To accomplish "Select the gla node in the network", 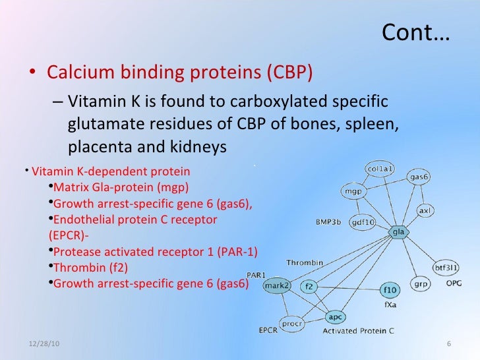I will coord(398,232).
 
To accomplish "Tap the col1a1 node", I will coord(380,169).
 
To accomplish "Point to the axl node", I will coord(426,211).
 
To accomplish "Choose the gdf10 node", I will coord(362,222).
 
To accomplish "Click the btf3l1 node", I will coord(446,268).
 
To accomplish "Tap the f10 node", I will coord(390,289).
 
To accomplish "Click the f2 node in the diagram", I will coord(310,287).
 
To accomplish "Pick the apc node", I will coord(335,316).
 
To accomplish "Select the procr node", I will coord(291,324).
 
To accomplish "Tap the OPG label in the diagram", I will coord(454,284).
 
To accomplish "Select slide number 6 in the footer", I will coord(448,345).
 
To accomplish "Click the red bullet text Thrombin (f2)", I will coord(90,268).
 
